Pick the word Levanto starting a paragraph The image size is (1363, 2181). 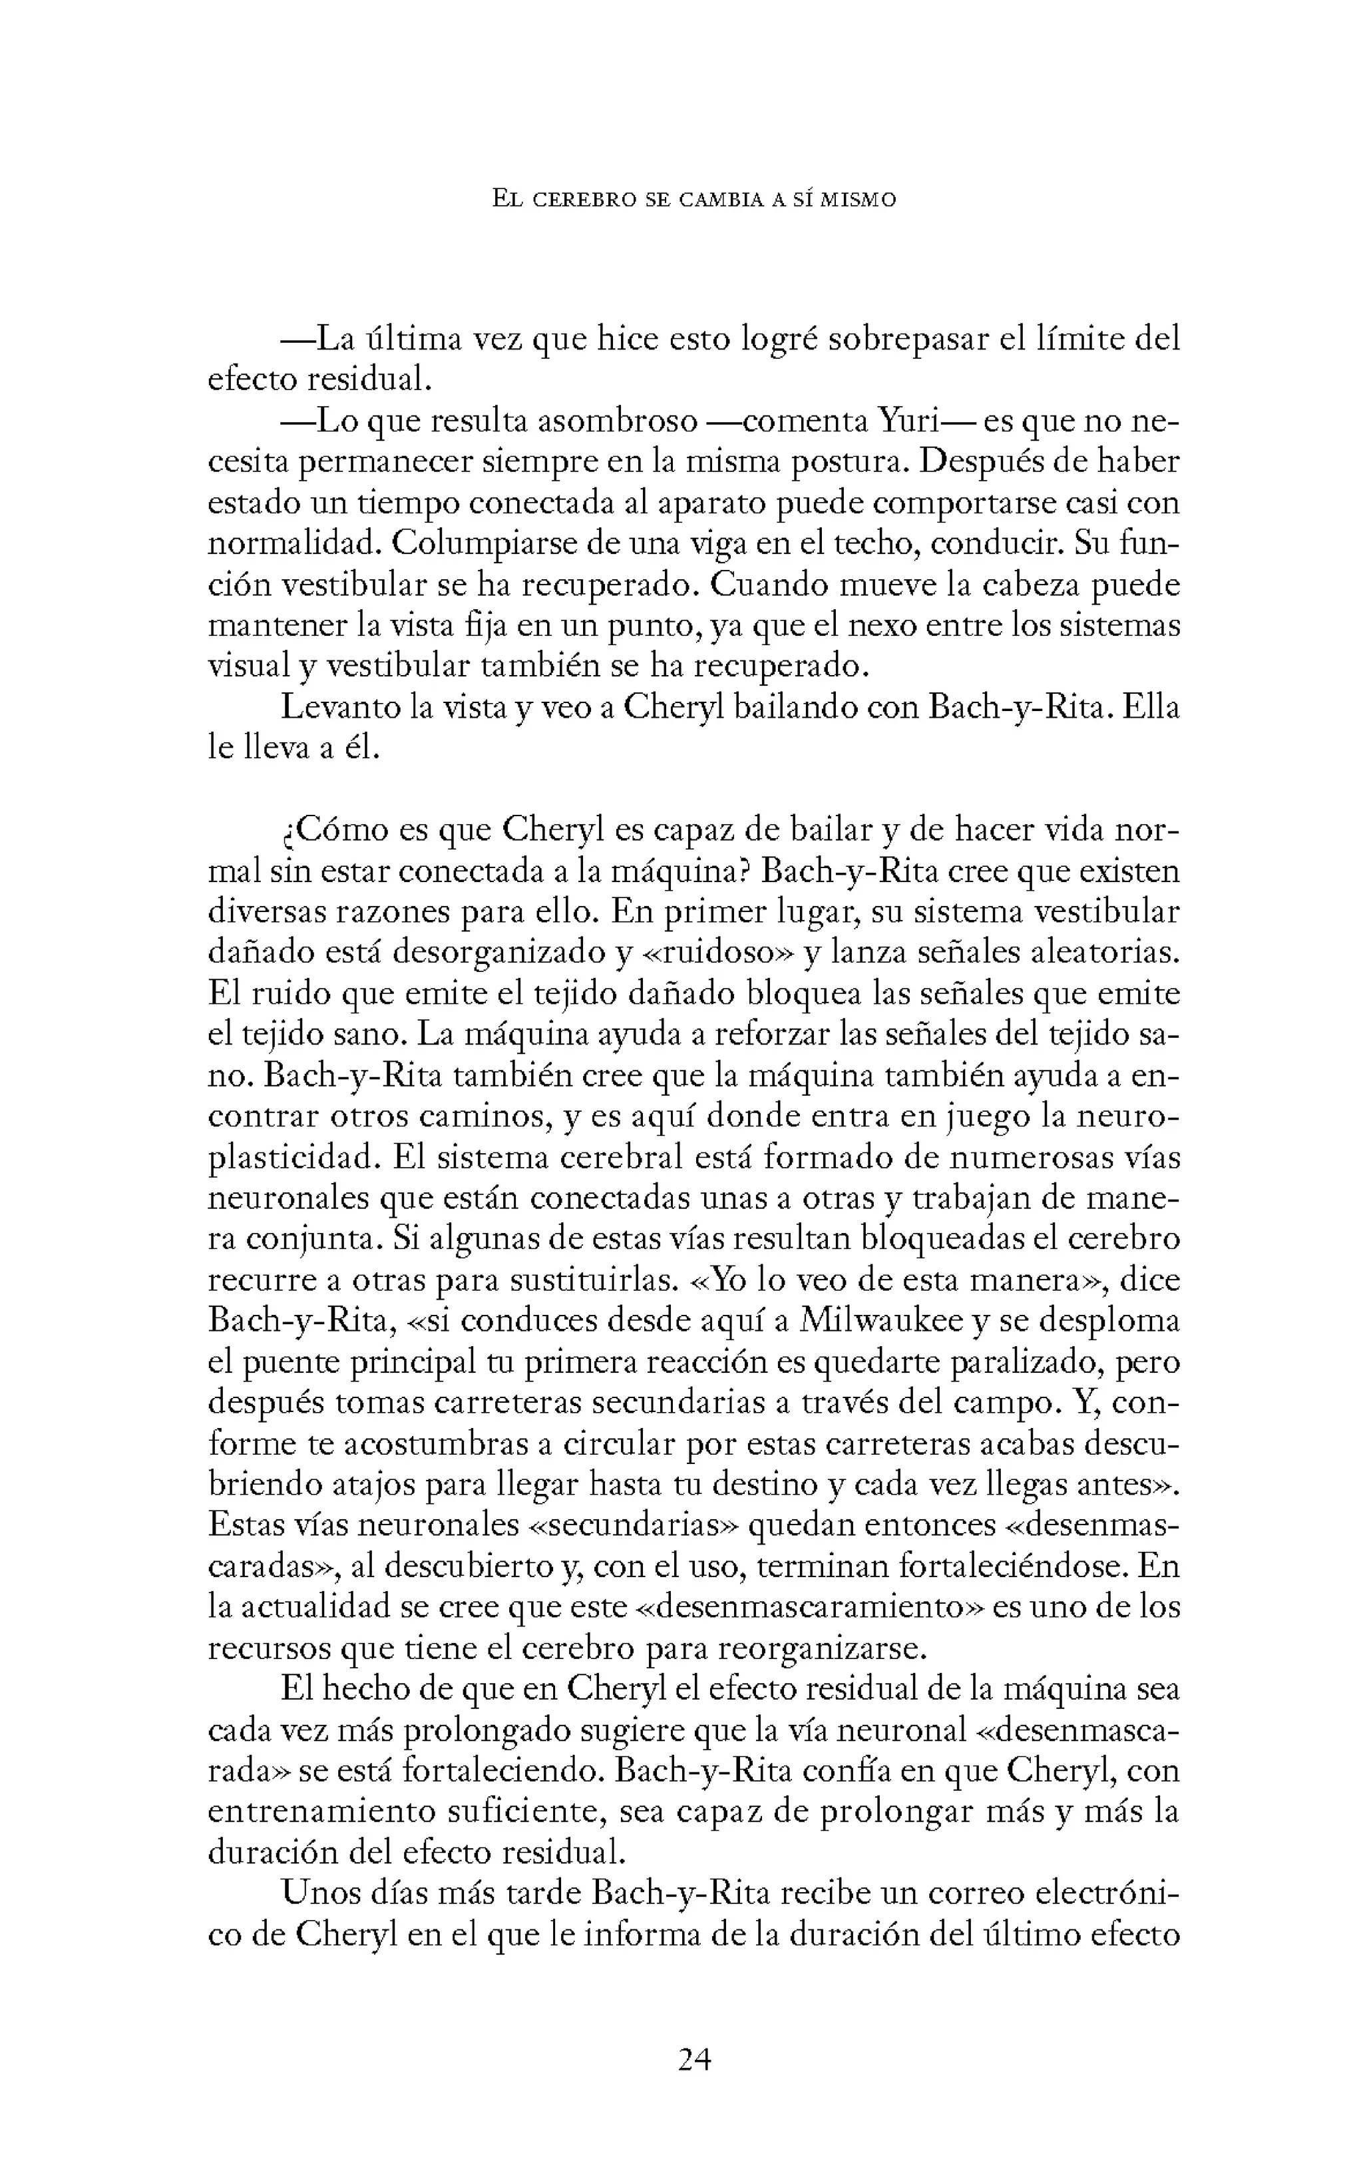pos(341,708)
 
